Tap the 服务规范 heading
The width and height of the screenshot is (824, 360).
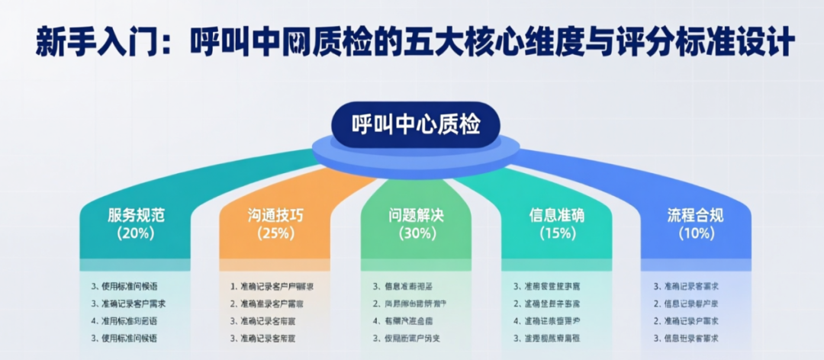coord(136,216)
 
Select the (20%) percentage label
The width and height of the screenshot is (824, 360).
coord(136,233)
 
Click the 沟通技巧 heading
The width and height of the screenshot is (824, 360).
coord(275,216)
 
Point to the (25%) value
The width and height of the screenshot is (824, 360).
coord(275,233)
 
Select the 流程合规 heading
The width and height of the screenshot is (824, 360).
coord(695,216)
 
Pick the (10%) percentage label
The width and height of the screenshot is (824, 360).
coord(695,233)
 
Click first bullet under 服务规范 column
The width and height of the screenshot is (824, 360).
coord(129,287)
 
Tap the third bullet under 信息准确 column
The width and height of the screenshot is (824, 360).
coord(552,321)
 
